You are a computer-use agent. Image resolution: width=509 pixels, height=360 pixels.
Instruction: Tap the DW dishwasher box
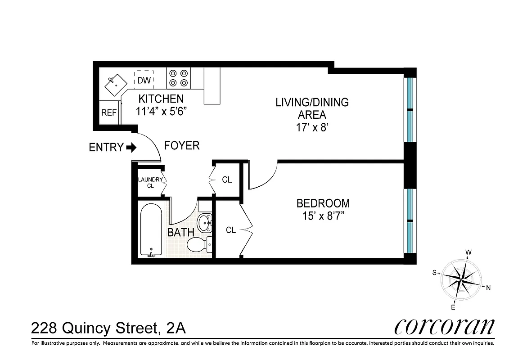tap(144, 80)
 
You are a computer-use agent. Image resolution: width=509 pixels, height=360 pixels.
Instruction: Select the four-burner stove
tap(178, 77)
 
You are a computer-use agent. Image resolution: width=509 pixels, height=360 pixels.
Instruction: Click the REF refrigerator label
tap(108, 113)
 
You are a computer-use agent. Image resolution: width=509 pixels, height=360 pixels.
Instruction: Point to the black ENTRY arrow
tap(131, 147)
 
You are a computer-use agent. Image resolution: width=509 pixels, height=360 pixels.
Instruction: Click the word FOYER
tap(181, 146)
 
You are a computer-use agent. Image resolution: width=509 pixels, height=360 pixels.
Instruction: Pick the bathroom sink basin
tap(205, 223)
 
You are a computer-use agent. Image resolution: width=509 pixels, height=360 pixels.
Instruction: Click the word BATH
tap(180, 233)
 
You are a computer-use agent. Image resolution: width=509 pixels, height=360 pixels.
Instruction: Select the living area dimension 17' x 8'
tap(312, 127)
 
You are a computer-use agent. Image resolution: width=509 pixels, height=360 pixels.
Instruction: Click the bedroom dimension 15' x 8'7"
tap(323, 216)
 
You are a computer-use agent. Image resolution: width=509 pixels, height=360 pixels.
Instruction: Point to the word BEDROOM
tap(323, 203)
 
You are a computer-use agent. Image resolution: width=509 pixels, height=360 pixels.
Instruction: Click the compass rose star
tap(460, 279)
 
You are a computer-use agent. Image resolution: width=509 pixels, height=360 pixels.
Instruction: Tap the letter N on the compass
tap(488, 288)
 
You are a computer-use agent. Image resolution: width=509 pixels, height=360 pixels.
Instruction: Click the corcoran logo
tap(444, 327)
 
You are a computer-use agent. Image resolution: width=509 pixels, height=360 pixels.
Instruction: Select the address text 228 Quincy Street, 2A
tap(108, 328)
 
